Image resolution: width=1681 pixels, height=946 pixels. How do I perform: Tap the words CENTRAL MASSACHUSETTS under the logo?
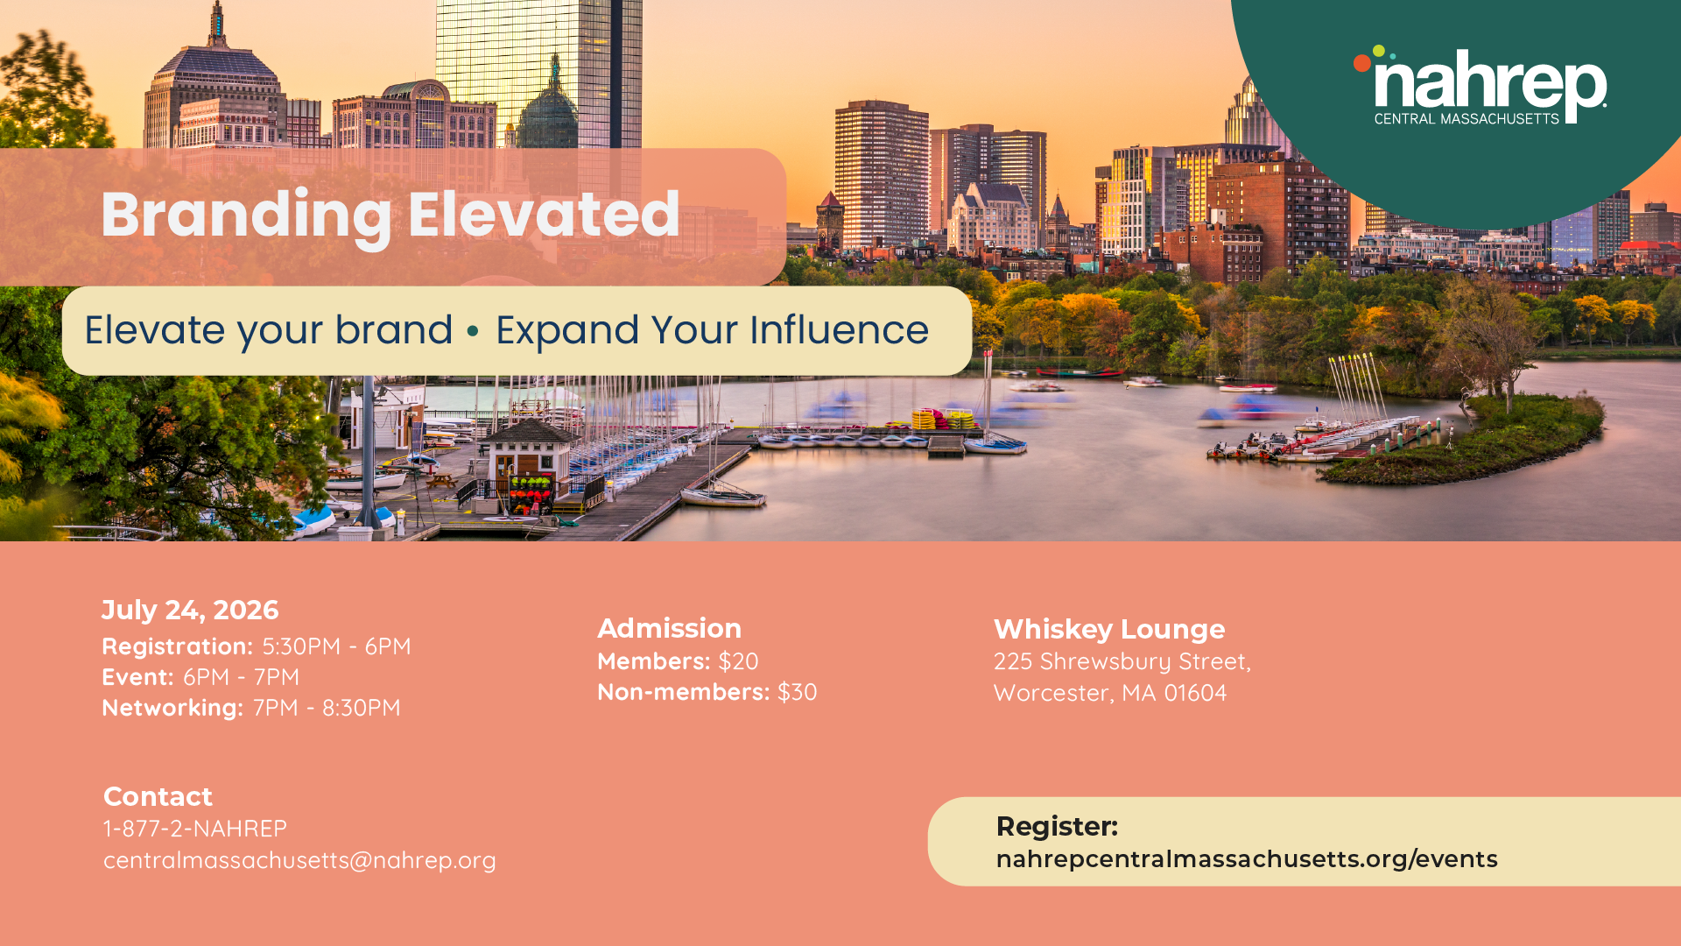[1466, 118]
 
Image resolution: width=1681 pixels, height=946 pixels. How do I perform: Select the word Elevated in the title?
[544, 214]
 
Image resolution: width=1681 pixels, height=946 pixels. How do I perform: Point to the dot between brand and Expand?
[473, 331]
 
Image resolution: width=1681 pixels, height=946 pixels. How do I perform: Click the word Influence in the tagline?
[839, 330]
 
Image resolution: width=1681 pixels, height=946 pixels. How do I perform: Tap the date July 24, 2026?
[190, 611]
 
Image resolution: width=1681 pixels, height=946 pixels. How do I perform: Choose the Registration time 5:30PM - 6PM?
[336, 646]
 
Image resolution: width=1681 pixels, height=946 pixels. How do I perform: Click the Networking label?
[172, 708]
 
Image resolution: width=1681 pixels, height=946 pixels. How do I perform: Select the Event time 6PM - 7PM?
[241, 677]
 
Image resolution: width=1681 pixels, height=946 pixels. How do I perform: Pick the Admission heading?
[670, 629]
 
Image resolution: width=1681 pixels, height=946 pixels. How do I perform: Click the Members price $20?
[738, 661]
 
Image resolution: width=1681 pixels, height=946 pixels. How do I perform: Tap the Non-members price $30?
[797, 692]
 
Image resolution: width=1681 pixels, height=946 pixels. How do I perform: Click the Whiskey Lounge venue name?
[1109, 630]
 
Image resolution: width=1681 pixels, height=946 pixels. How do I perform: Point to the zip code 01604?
[1195, 693]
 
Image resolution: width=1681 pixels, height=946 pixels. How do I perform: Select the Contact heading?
[158, 797]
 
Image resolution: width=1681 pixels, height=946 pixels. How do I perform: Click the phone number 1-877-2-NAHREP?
[195, 829]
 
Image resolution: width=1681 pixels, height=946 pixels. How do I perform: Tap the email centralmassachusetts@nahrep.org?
[299, 860]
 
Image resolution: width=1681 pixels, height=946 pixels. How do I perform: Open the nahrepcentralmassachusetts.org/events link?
[1247, 859]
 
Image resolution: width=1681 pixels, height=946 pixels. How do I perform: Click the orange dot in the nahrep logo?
[1362, 63]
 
